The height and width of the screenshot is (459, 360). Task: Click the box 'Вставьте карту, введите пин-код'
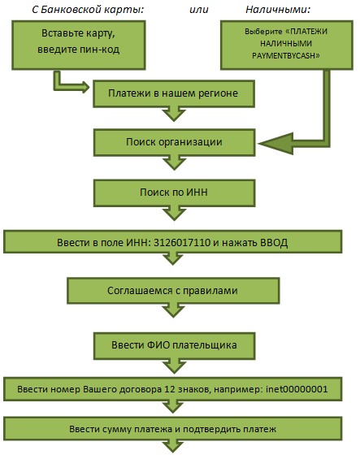[79, 45]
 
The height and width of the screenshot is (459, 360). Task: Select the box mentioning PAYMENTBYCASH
[287, 45]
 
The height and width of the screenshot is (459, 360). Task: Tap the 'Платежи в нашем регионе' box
[174, 94]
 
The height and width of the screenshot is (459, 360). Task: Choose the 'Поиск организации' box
[174, 142]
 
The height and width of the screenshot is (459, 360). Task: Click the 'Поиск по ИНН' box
[174, 193]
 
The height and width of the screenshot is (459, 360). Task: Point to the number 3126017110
[182, 242]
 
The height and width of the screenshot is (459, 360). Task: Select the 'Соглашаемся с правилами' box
[173, 291]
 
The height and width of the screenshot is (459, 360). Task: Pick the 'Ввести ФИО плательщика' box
[174, 346]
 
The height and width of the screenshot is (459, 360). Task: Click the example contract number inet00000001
[297, 389]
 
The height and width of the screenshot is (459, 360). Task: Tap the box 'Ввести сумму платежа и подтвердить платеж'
[173, 429]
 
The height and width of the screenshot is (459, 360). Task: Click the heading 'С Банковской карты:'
[88, 10]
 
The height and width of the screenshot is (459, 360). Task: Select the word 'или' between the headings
[199, 10]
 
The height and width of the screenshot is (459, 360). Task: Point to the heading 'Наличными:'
[278, 10]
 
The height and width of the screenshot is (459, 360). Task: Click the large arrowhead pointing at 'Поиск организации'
[275, 144]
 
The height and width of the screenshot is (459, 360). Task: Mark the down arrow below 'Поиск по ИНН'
[174, 214]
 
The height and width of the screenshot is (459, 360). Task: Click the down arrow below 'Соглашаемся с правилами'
[173, 310]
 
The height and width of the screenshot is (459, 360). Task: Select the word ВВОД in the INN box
[274, 242]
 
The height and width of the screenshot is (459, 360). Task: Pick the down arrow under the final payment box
[173, 447]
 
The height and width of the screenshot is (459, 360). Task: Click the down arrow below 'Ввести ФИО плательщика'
[174, 366]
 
